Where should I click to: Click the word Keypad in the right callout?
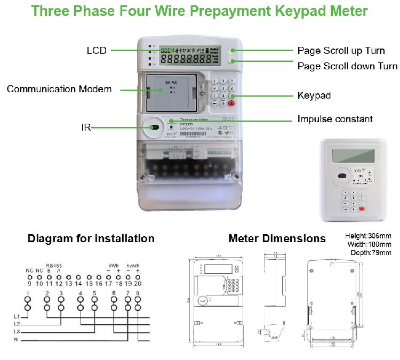(314, 96)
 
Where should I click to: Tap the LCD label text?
(97, 51)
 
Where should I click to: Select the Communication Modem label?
(59, 89)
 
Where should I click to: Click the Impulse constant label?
(334, 119)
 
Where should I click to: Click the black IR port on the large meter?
(155, 127)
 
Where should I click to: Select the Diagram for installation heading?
(91, 238)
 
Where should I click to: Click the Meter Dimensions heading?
(277, 238)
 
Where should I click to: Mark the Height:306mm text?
(368, 236)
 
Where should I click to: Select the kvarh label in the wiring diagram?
(133, 265)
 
